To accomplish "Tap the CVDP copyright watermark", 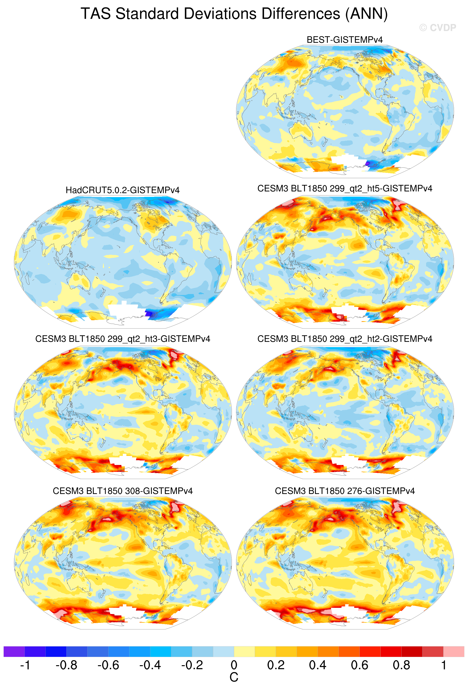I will point(438,28).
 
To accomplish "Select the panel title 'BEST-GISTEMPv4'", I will point(344,40).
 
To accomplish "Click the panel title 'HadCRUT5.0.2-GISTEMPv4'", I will point(122,190).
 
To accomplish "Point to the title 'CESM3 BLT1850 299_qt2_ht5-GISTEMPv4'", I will point(344,189).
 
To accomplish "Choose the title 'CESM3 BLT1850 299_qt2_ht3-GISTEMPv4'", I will point(122,339).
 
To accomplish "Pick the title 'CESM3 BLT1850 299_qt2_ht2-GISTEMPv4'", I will point(344,339).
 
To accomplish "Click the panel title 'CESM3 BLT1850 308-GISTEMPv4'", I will point(122,491).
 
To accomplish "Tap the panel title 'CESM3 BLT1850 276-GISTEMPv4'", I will point(344,491).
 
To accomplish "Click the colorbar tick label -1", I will point(25,665).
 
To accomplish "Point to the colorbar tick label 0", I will point(234,665).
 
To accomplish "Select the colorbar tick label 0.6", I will point(359,665).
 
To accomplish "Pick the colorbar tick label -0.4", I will point(150,665).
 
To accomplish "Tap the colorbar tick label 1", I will point(443,665).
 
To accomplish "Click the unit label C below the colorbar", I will point(234,677).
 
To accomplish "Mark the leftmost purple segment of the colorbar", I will point(14,652).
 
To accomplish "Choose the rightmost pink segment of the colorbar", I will point(453,652).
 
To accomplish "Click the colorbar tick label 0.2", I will point(276,665).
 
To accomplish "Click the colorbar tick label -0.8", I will point(66,665).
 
